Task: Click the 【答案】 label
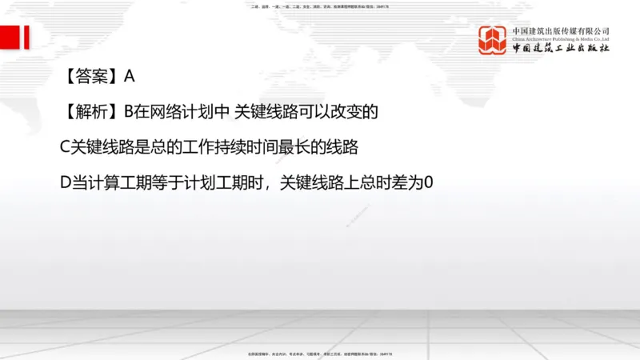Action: (x=90, y=77)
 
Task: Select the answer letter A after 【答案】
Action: (x=130, y=77)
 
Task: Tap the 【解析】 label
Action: (x=90, y=112)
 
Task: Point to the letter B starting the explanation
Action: (x=130, y=112)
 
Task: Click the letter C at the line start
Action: (x=66, y=147)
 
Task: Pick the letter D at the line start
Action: (x=66, y=182)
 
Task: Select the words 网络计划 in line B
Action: (x=183, y=112)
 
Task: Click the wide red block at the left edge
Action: (x=10, y=37)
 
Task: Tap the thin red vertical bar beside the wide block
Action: (x=26, y=37)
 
